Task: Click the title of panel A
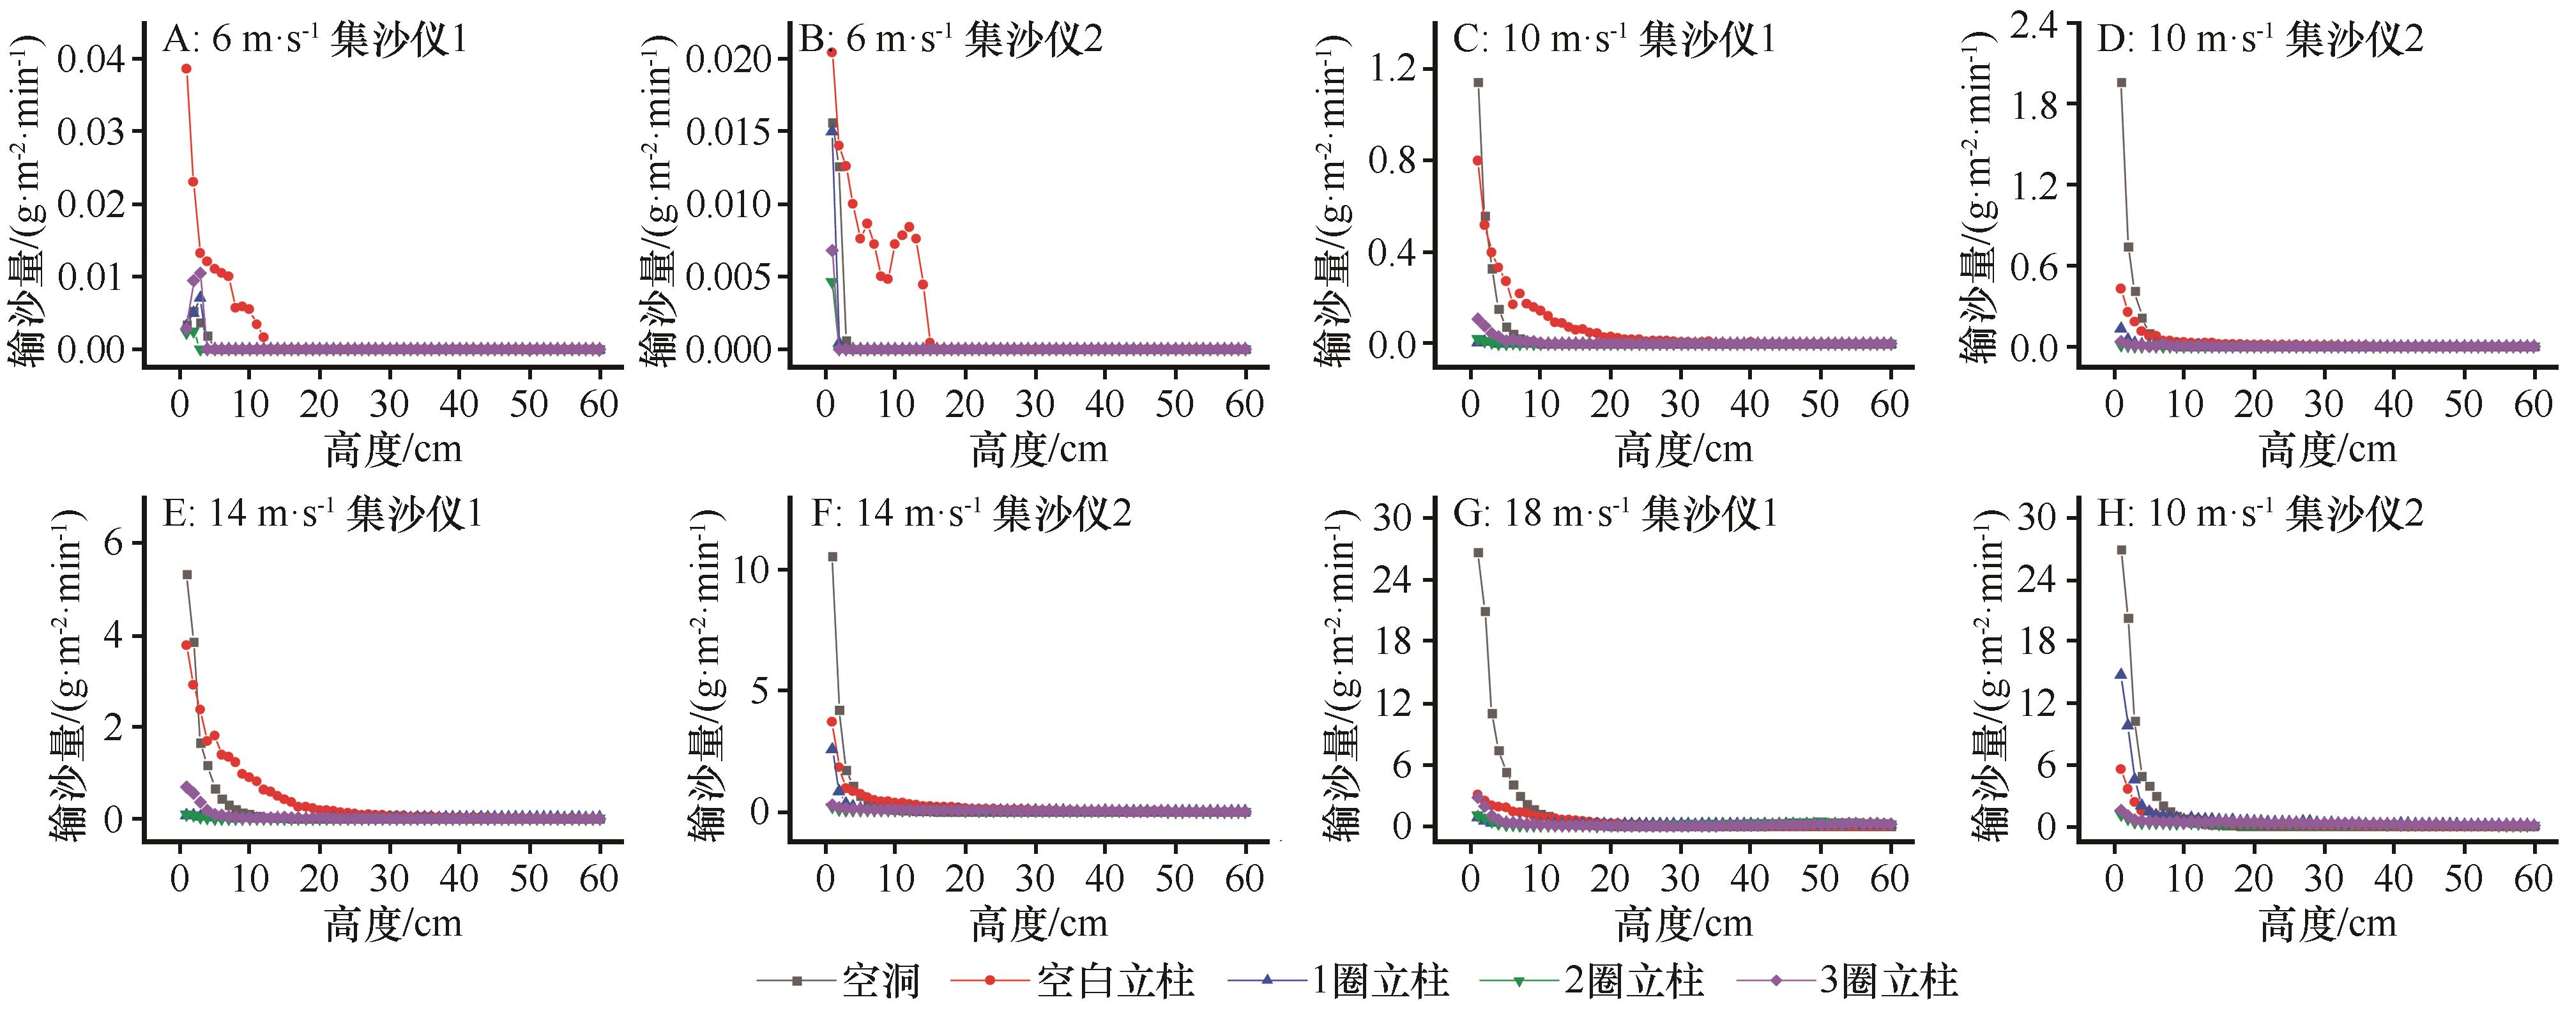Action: coord(315,40)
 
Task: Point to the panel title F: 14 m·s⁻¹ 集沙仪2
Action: coord(971,514)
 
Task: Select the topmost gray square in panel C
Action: coord(1479,82)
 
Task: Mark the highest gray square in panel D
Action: coord(2121,82)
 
